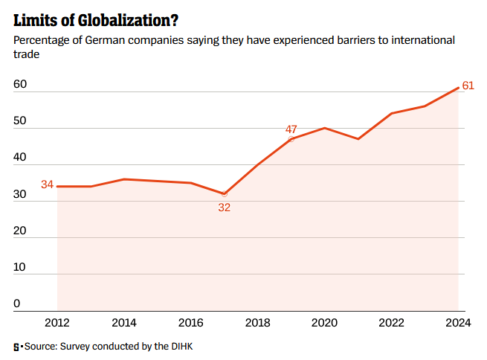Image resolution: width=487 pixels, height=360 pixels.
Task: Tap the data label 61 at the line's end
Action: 468,86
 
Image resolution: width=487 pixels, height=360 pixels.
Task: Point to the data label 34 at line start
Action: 47,184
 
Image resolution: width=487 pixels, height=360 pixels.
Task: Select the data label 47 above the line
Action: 291,129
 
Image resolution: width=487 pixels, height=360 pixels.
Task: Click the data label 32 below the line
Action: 225,208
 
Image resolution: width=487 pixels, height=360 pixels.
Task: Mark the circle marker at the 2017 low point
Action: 225,193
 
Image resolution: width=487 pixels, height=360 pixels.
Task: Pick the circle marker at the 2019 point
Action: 291,139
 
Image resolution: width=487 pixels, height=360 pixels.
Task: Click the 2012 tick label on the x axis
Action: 57,323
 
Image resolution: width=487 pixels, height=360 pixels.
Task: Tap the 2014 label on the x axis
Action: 124,323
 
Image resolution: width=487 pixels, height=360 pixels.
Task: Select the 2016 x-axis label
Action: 191,323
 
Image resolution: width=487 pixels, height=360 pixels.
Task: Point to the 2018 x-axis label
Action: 258,323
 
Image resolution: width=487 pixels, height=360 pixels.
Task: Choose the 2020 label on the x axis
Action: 325,323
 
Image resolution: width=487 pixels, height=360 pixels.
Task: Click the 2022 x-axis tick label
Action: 392,323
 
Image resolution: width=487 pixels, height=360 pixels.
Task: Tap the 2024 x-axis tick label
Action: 458,323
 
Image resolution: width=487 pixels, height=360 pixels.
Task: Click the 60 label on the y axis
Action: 20,85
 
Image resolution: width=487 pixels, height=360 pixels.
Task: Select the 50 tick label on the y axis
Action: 20,121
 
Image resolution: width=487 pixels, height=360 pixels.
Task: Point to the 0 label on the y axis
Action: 16,303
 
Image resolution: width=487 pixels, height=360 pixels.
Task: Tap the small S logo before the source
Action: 16,347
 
